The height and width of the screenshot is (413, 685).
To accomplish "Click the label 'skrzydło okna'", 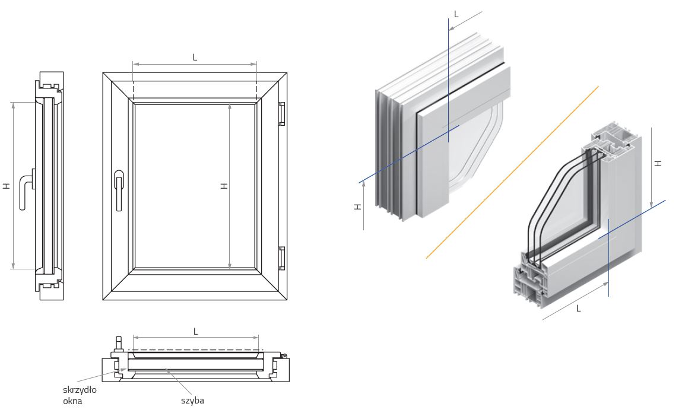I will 79,395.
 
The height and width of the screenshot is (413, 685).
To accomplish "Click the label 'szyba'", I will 192,400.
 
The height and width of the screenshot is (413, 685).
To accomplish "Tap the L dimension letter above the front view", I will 195,58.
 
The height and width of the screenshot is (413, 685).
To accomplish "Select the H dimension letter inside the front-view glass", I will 224,186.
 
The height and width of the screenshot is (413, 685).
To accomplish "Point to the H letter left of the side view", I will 7,186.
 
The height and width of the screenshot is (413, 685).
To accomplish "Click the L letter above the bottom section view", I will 196,331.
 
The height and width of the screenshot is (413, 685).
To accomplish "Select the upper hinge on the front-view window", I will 283,114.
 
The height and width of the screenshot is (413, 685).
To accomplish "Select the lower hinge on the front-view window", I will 283,257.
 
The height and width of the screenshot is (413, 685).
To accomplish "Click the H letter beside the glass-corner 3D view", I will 357,206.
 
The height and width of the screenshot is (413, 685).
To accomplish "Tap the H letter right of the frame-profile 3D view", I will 658,163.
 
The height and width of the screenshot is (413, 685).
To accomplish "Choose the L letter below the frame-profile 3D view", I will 578,308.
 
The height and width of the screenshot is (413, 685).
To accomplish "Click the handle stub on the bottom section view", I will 118,344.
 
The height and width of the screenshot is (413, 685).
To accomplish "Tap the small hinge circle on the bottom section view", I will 285,355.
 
